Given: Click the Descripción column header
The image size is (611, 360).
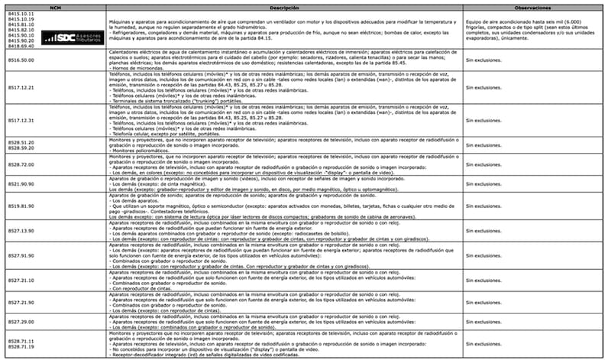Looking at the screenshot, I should click(282, 5).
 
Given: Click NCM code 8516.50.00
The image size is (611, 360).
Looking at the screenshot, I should click(21, 58).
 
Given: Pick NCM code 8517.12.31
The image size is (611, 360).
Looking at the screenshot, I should click(21, 121).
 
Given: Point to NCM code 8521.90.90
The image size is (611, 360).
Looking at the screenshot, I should click(21, 184).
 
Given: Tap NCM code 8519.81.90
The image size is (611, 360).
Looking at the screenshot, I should click(21, 206).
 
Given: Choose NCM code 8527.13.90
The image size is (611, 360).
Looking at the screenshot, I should click(21, 231).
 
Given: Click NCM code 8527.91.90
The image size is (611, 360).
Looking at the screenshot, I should click(21, 255).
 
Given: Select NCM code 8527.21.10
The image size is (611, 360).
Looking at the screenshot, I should click(21, 280).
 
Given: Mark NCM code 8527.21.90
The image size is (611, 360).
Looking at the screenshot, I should click(21, 303).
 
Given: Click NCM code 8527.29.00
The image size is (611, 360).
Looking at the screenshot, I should click(21, 323).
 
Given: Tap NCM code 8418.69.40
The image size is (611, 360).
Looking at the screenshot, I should click(21, 46).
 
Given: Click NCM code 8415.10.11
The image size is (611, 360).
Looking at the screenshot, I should click(21, 15).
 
